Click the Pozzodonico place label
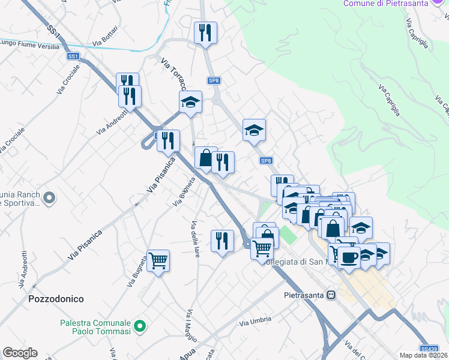coord(56,298)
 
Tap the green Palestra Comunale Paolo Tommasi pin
coord(140,326)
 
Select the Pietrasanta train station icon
coord(330,295)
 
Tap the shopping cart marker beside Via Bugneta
coord(158,261)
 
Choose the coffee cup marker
coord(349,257)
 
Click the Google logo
coord(20,353)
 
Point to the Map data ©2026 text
coord(424,355)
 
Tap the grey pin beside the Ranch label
coord(50,197)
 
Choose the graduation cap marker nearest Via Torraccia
coord(191,102)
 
